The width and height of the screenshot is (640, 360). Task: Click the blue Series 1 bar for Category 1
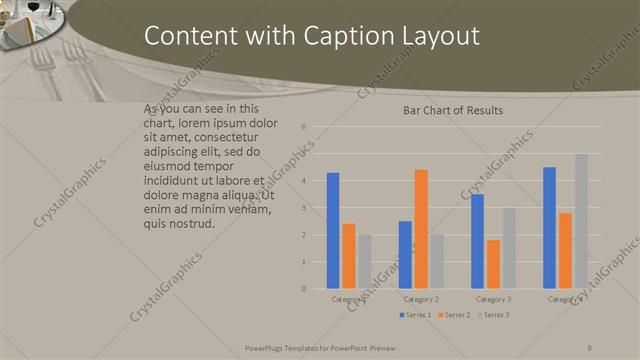pyautogui.click(x=333, y=231)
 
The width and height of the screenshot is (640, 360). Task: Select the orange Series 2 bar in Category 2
pyautogui.click(x=421, y=229)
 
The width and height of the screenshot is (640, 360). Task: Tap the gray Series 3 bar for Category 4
pyautogui.click(x=581, y=221)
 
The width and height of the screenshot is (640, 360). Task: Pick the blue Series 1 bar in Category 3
pyautogui.click(x=478, y=241)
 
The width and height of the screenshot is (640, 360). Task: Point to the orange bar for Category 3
pyautogui.click(x=493, y=264)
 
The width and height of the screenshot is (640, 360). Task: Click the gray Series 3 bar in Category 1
pyautogui.click(x=364, y=262)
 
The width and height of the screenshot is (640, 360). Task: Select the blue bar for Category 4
pyautogui.click(x=549, y=228)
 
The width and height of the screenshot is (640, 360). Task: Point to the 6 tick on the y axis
pyautogui.click(x=303, y=127)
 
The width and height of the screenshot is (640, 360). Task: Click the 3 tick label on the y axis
pyautogui.click(x=303, y=208)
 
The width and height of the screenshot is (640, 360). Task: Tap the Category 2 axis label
pyautogui.click(x=421, y=299)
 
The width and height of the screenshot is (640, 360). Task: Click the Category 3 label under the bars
pyautogui.click(x=493, y=299)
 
